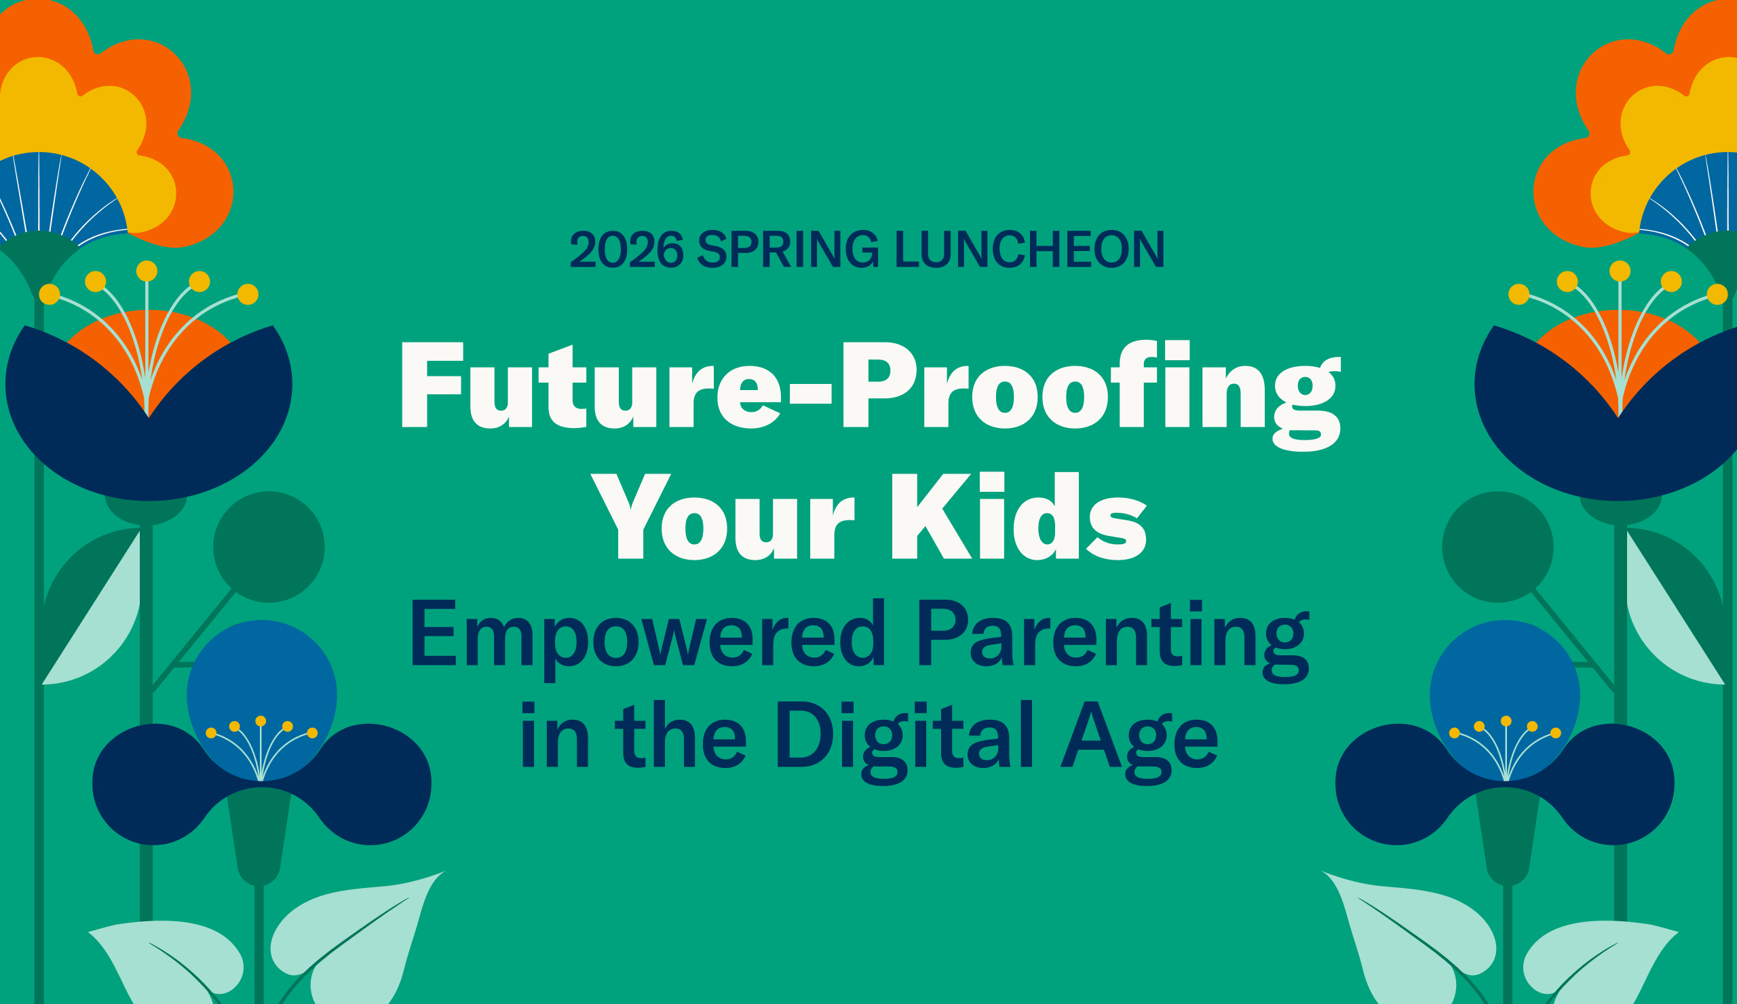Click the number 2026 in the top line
(x=626, y=249)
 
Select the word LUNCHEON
(x=1029, y=249)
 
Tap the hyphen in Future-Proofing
(x=811, y=393)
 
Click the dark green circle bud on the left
(x=269, y=547)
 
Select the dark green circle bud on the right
(x=1497, y=547)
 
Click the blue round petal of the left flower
(x=262, y=675)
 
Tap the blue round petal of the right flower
(x=1505, y=675)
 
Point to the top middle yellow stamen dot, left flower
(x=147, y=271)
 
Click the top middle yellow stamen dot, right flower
(x=1620, y=271)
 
